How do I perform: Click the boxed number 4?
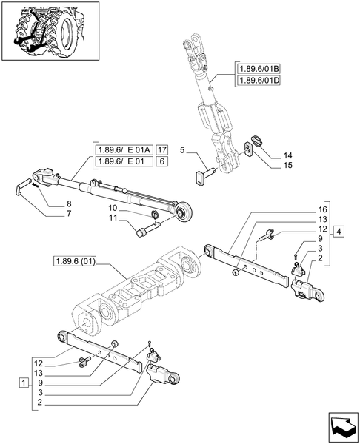tap(339, 232)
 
